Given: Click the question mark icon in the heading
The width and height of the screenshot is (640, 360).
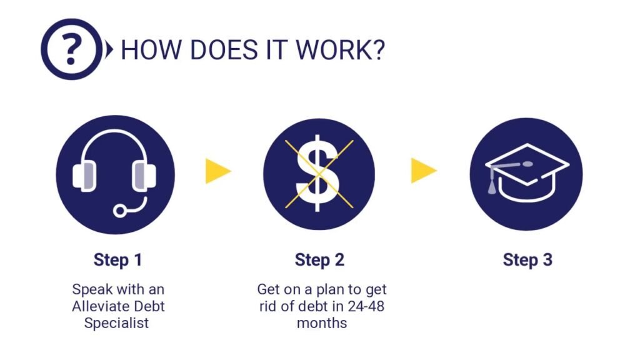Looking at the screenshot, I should tap(71, 49).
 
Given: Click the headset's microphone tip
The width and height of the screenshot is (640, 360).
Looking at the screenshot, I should tap(119, 211).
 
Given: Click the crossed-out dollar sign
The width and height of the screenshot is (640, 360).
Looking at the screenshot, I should tap(319, 173).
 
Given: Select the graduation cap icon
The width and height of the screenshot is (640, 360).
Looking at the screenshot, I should tap(526, 174).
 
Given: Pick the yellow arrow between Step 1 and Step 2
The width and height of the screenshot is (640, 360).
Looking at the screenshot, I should tap(217, 171).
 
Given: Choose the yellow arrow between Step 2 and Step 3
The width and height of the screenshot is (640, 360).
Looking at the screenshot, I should tap(422, 171).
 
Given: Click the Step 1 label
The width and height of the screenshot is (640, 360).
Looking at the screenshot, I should tap(118, 260).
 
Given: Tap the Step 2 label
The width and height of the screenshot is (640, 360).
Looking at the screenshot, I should tap(319, 260).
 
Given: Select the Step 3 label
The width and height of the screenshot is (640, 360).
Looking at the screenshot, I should tap(527, 260).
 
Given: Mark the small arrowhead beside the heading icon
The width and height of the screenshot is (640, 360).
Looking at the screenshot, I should tap(109, 49).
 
